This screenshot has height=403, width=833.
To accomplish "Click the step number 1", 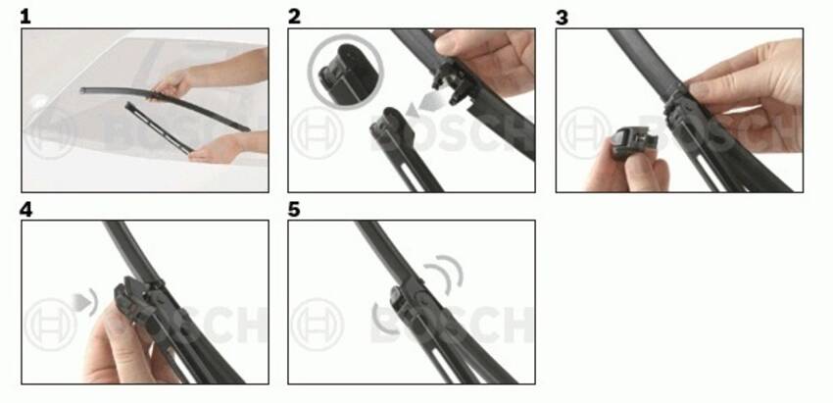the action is point(24,17).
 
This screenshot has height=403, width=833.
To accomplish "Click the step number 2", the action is point(294,17).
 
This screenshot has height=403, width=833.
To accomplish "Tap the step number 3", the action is point(562,17).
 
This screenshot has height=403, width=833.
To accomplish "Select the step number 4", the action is point(25,210).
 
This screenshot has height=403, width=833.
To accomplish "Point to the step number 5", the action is point(294,210).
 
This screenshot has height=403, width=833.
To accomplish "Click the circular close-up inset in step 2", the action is point(345,73).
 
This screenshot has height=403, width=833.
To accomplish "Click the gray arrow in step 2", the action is point(426,105).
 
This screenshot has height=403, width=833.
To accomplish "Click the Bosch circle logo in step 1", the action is point(49,133).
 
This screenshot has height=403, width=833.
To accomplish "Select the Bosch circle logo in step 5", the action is point(318,325).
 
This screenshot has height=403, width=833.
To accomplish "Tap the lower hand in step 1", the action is point(212,150).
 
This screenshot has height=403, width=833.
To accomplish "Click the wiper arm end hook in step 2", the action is point(389,126).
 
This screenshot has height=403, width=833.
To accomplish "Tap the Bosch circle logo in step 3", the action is point(585,133).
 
